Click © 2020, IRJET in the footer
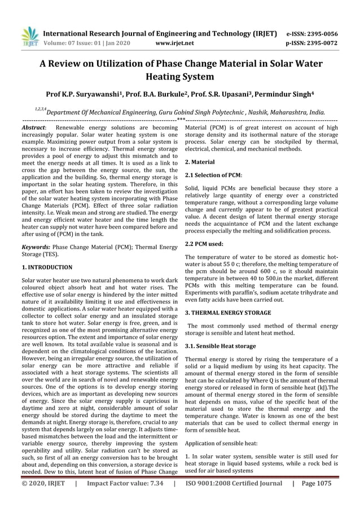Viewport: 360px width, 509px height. [x=43, y=483]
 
